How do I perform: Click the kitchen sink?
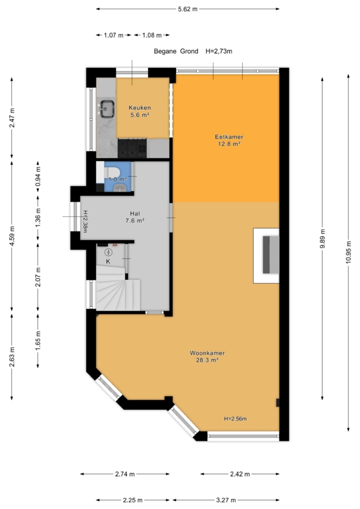click(107, 108)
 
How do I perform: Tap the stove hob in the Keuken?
click(132, 148)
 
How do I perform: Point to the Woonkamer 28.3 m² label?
click(207, 356)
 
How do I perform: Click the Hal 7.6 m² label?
click(135, 217)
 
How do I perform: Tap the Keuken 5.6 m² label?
click(140, 111)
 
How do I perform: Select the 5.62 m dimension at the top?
click(187, 9)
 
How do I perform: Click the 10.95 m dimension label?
click(349, 252)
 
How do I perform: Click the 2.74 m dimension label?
click(125, 474)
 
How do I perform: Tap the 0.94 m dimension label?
click(38, 176)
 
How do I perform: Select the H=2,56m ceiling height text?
click(235, 419)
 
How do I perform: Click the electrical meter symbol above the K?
click(108, 252)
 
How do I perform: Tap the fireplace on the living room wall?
click(266, 255)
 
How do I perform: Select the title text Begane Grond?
click(176, 51)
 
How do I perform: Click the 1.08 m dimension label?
click(152, 35)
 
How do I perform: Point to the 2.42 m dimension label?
click(240, 474)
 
